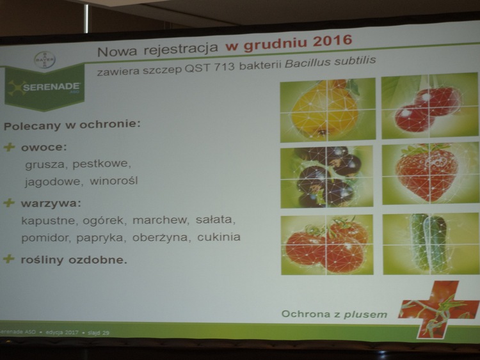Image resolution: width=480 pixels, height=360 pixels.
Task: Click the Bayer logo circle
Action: tap(45, 59)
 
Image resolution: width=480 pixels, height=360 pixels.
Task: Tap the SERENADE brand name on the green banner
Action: tap(52, 87)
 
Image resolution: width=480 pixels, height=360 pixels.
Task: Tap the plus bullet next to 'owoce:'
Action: tap(9, 147)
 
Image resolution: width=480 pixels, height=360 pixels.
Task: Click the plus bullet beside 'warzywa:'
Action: tap(9, 203)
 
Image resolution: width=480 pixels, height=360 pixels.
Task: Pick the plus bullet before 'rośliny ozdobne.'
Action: tap(8, 259)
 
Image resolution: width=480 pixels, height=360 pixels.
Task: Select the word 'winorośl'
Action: tap(113, 180)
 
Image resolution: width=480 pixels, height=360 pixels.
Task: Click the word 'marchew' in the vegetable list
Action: tap(159, 219)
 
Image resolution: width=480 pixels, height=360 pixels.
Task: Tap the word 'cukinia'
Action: tap(219, 237)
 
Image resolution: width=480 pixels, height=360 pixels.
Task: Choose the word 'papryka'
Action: tap(100, 238)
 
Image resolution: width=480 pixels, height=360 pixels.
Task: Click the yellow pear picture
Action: tap(328, 110)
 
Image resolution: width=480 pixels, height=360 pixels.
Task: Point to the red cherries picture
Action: tap(430, 106)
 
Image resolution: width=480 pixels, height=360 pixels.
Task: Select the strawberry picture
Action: tap(431, 173)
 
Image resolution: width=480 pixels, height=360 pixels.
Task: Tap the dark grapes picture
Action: tap(326, 176)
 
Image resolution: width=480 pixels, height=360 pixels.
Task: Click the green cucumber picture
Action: tap(431, 244)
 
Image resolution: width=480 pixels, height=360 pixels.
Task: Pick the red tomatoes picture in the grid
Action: tap(327, 244)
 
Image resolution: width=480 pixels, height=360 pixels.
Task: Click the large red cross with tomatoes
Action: tap(438, 309)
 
